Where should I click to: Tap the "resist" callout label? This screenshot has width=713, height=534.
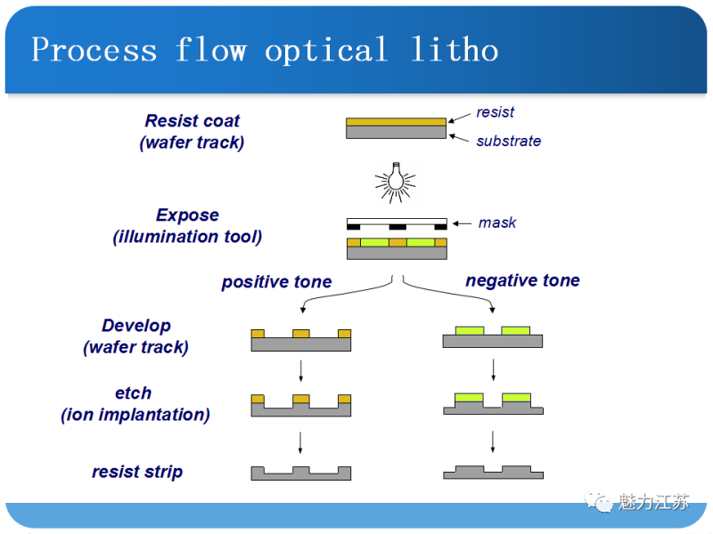pos(495,112)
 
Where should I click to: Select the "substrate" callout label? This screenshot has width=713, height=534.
pos(508,141)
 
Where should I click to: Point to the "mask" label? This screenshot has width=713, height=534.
pos(496,222)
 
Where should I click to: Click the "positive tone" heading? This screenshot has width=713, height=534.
pos(276,282)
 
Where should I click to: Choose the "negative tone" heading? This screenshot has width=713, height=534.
pos(522,280)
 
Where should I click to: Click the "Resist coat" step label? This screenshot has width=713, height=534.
pos(193,121)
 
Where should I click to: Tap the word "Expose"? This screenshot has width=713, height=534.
pos(187,215)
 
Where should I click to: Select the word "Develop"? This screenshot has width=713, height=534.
pos(136,326)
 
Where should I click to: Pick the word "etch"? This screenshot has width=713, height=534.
pos(134,392)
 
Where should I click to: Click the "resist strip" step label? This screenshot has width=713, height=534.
pos(137,472)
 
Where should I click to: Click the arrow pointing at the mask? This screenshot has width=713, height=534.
pos(463,222)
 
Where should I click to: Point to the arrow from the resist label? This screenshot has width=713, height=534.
pos(460,117)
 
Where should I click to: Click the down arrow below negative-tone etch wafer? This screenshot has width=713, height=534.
pos(493,441)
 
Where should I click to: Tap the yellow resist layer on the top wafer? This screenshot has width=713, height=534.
pos(396,122)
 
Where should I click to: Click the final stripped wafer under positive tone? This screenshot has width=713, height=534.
pos(300,473)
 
